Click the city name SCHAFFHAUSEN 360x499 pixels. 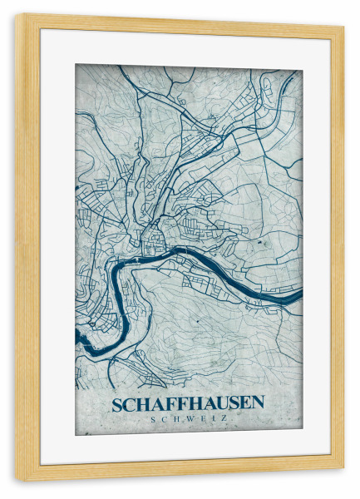(188, 404)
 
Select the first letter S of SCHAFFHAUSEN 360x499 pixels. (116, 404)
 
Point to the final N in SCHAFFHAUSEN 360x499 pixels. (259, 404)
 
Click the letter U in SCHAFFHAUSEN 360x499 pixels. (219, 404)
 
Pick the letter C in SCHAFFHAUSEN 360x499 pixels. (128, 404)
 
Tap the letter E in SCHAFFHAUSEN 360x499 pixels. (245, 404)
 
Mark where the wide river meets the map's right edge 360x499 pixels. (299, 294)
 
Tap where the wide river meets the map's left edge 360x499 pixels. (77, 337)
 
